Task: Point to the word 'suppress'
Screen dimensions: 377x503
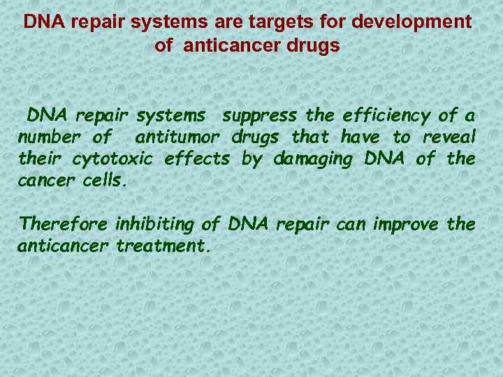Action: pyautogui.click(x=258, y=115)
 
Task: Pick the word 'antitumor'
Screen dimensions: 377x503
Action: pyautogui.click(x=178, y=137)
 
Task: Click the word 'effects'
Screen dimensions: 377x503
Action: pyautogui.click(x=197, y=159)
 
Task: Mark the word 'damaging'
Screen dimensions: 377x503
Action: pyautogui.click(x=314, y=160)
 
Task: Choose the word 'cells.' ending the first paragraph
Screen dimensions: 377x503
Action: pyautogui.click(x=105, y=181)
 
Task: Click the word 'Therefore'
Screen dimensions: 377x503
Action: pyautogui.click(x=64, y=225)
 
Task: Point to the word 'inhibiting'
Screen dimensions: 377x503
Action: pyautogui.click(x=154, y=226)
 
